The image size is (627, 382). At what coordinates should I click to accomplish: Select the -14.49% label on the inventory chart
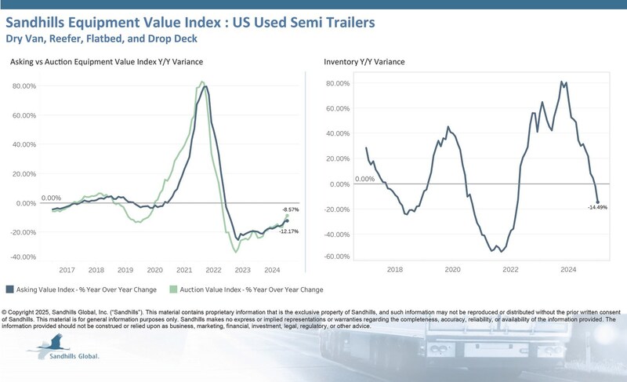point(597,207)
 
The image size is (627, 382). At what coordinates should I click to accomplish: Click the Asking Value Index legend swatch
point(9,288)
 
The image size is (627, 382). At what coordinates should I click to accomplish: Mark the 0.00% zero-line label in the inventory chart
point(365,179)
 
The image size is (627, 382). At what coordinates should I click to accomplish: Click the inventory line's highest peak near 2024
point(561,81)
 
